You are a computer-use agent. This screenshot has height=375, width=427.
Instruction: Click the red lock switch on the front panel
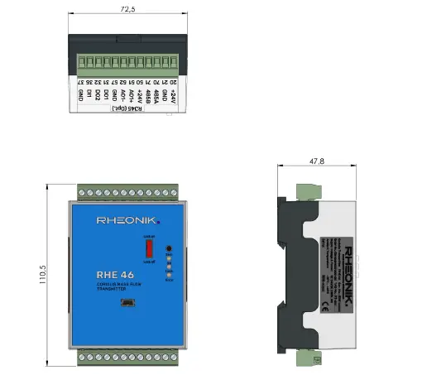coord(149,248)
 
